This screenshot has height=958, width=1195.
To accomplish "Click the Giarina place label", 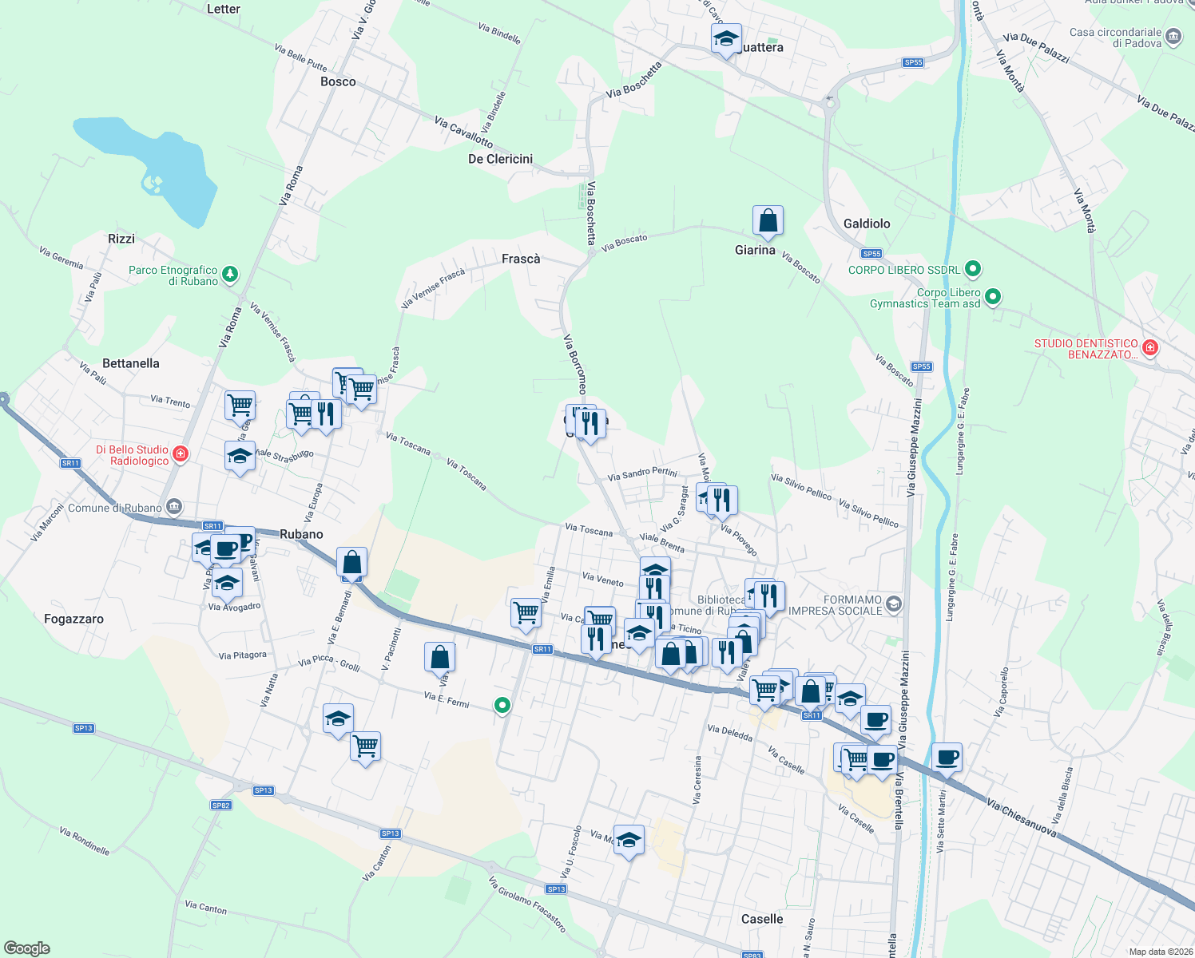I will (x=755, y=250).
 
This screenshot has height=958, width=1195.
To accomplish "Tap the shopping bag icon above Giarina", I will (x=768, y=221).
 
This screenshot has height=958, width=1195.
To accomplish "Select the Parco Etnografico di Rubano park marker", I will (x=230, y=275).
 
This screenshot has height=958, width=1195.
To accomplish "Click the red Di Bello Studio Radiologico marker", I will (x=181, y=454).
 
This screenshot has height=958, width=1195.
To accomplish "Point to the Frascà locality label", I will (x=521, y=259).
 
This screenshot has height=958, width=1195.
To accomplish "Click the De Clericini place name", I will (x=500, y=159).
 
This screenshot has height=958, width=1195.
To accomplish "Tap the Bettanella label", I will (x=131, y=363).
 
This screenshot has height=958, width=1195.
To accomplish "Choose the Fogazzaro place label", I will (x=73, y=619).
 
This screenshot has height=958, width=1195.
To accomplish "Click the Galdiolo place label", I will (x=867, y=224).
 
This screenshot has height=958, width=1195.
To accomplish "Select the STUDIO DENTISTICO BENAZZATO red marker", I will (x=1149, y=347).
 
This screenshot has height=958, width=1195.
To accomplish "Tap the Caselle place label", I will (x=762, y=919).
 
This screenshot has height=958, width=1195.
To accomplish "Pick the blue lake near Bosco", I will (x=152, y=168).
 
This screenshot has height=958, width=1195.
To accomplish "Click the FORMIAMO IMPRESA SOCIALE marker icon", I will (x=893, y=604).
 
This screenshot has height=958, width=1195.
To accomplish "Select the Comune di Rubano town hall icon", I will (x=174, y=507).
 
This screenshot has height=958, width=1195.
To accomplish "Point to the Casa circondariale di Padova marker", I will (x=1173, y=37).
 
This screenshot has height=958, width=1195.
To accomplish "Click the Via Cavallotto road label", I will (x=463, y=132).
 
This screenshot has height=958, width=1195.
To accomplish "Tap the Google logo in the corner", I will (x=26, y=948).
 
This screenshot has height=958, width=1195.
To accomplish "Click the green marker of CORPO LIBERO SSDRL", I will (x=972, y=269).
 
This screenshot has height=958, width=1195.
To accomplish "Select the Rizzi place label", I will (x=121, y=239).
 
